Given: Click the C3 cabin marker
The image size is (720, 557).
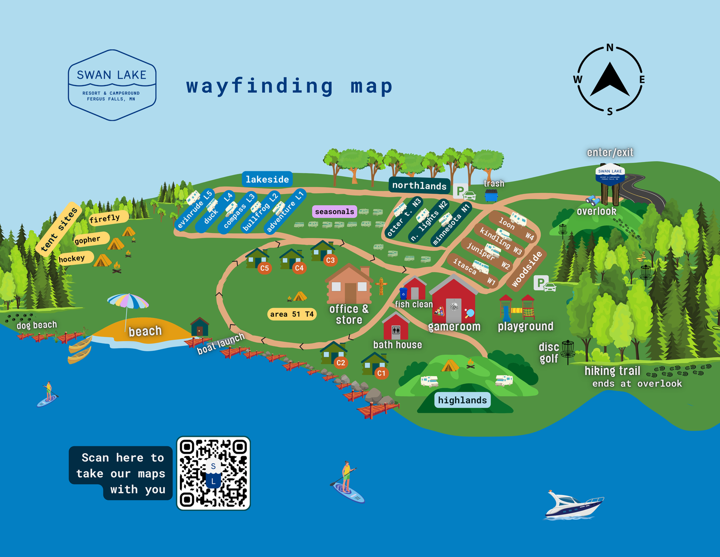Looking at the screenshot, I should (x=330, y=260).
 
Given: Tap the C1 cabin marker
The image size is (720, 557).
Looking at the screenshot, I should (x=381, y=373).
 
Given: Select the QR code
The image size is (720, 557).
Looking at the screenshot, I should (x=214, y=473).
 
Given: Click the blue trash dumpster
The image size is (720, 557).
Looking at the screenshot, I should (x=491, y=196).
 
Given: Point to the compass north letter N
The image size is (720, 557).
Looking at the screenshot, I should (x=610, y=48).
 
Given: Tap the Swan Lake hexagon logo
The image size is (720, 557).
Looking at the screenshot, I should (x=112, y=85).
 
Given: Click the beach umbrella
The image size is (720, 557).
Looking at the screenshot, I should (x=128, y=302).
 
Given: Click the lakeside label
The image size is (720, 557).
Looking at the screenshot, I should (x=267, y=179).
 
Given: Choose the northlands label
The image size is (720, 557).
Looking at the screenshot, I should (x=419, y=186).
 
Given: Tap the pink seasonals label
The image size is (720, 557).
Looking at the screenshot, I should (x=335, y=211).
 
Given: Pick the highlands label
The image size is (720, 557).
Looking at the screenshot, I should (x=462, y=400).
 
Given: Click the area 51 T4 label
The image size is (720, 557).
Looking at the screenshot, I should (x=292, y=314).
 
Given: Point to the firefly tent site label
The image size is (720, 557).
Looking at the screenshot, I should (x=105, y=219).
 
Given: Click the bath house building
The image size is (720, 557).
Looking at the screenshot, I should (x=396, y=327).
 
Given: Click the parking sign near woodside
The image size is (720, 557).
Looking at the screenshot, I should (x=541, y=283).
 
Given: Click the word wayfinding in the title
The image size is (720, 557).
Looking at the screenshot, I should (x=260, y=87).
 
